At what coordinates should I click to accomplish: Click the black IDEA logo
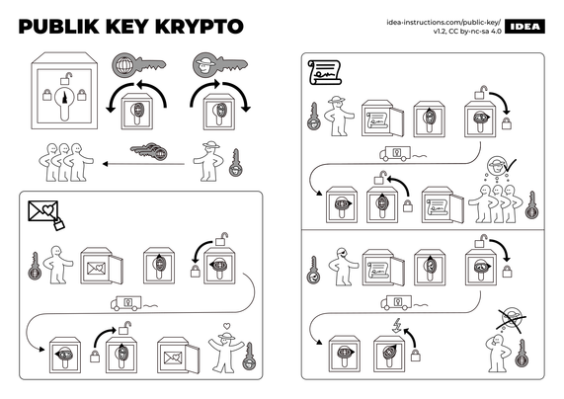524,27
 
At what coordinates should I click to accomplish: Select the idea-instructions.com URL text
443,23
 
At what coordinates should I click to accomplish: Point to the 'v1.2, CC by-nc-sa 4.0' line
467,31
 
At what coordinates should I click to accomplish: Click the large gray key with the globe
139,65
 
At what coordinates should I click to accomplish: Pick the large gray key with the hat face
220,65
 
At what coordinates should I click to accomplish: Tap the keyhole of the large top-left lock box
64,102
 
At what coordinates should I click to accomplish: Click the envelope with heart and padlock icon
46,215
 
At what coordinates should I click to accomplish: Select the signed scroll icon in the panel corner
324,73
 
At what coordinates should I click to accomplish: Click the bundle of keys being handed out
149,150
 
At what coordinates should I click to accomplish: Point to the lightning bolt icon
397,326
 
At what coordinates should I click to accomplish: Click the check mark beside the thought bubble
510,165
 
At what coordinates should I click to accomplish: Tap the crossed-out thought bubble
511,319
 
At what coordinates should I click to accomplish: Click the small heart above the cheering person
226,326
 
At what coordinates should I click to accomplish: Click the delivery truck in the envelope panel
125,303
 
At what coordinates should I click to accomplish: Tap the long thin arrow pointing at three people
143,164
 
